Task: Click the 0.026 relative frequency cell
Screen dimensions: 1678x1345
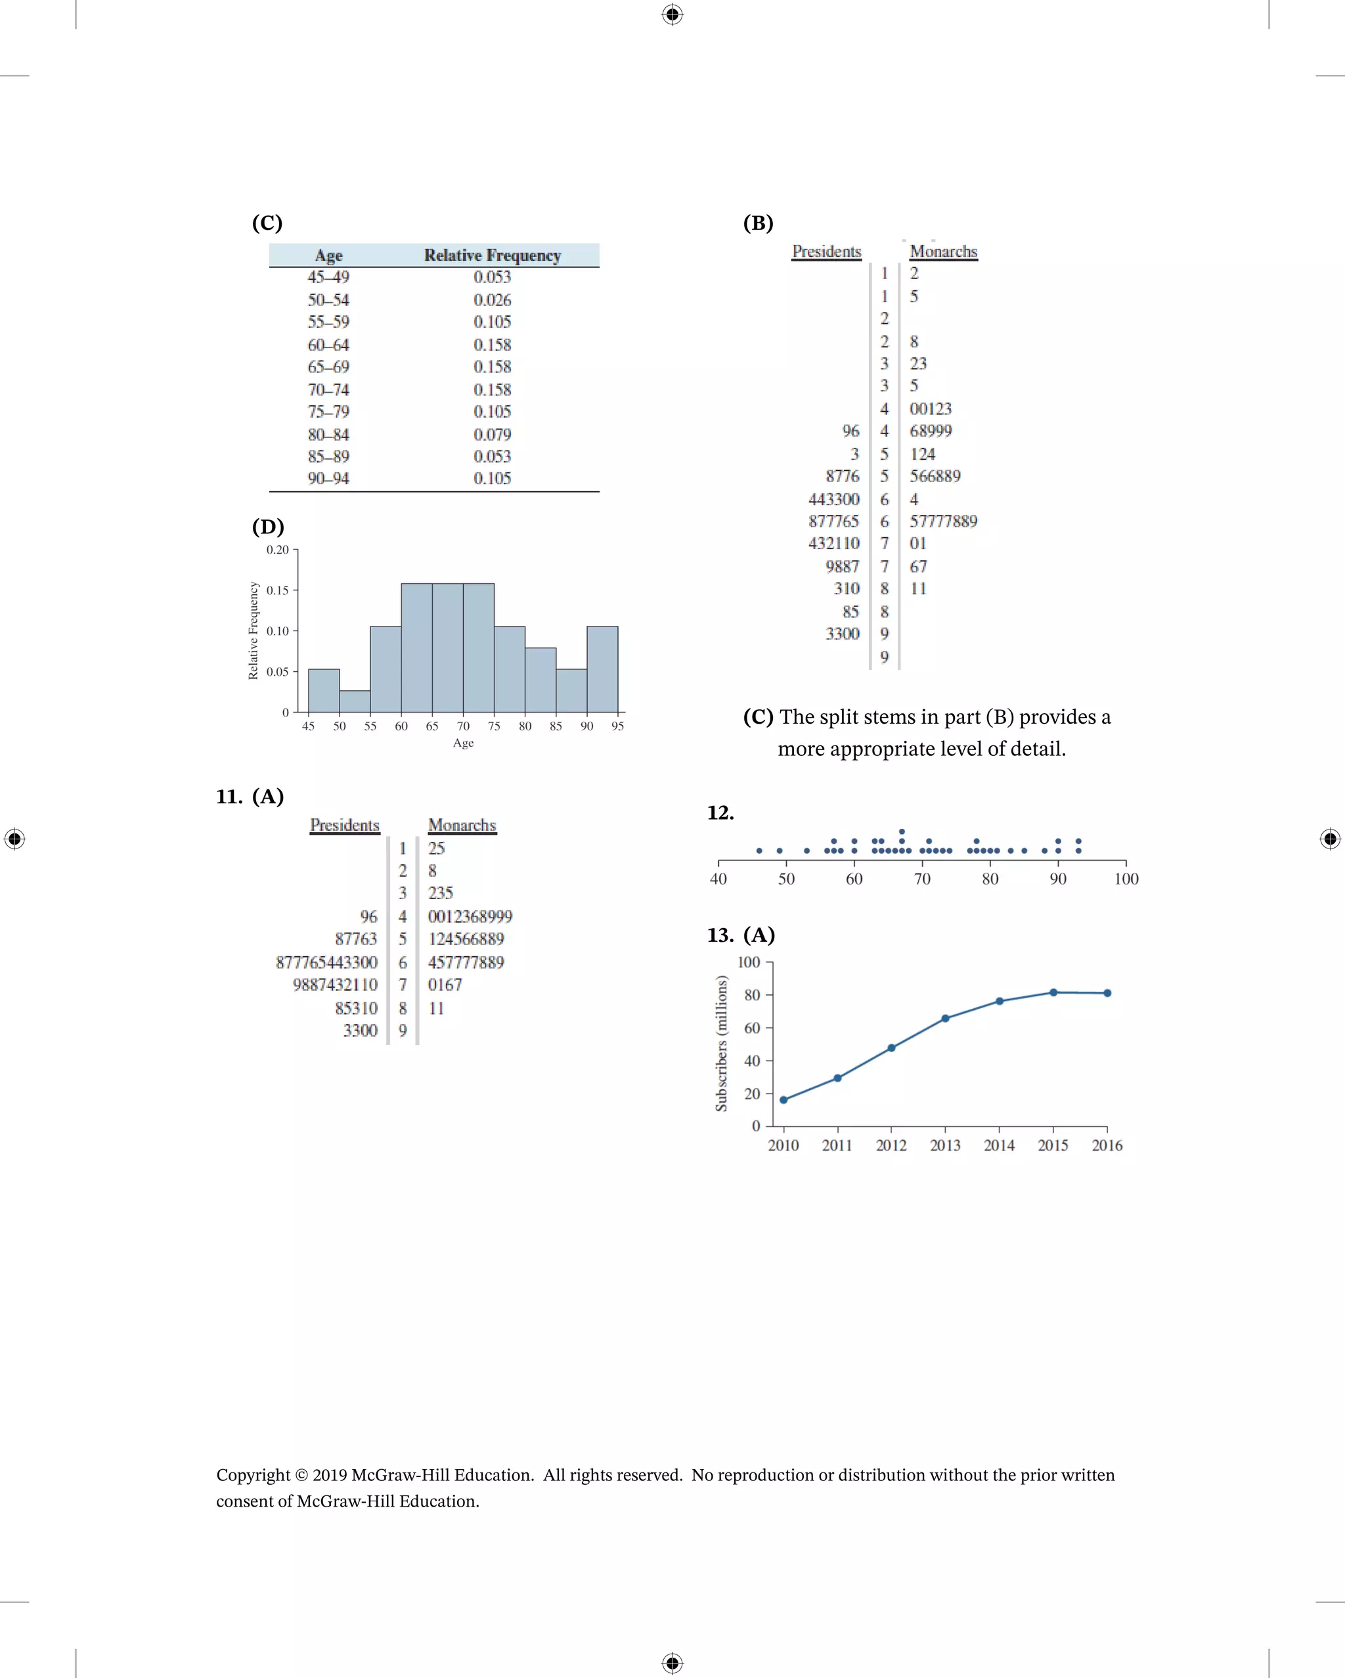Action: [x=492, y=299]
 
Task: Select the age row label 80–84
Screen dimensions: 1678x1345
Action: [x=328, y=434]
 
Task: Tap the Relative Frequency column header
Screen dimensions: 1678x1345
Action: [x=492, y=255]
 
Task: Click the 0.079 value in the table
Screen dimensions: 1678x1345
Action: [x=492, y=434]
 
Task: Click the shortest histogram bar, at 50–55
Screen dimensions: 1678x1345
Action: [x=355, y=701]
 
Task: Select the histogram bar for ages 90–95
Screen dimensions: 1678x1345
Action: [x=602, y=669]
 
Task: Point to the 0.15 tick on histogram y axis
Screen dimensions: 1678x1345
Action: [x=277, y=590]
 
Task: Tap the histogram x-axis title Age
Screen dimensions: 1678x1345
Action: [x=463, y=743]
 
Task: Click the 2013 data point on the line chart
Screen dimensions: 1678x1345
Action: [x=945, y=1018]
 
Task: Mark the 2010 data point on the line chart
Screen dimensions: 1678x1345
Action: [x=783, y=1099]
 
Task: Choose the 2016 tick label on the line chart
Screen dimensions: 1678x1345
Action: [x=1107, y=1145]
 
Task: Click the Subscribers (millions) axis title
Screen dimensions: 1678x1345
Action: [x=722, y=1044]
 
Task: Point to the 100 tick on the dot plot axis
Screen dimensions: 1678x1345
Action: [x=1126, y=879]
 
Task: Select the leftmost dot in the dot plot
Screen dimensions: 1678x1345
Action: [x=759, y=850]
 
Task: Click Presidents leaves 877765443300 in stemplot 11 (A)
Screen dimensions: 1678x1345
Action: [x=326, y=963]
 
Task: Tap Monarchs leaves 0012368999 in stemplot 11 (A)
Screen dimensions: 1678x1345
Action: [x=470, y=917]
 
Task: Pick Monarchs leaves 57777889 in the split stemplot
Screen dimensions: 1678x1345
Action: [x=943, y=521]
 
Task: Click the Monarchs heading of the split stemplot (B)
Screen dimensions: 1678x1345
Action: [x=943, y=252]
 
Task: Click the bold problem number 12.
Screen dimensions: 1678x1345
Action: [x=720, y=813]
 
